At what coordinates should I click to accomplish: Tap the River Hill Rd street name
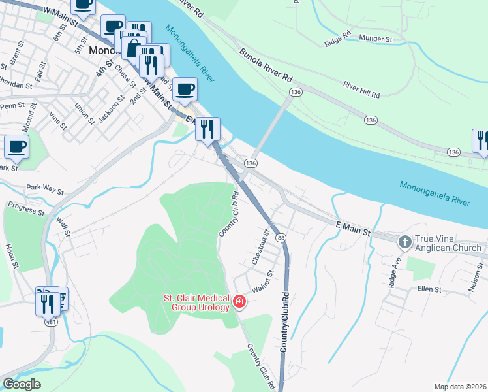361,90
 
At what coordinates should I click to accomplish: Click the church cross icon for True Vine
405,242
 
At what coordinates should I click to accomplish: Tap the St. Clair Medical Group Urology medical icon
239,301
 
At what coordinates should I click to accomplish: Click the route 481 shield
50,321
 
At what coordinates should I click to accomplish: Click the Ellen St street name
430,289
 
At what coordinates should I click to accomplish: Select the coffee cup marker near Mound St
16,148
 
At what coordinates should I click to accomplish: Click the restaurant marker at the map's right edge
481,142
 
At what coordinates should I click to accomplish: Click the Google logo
21,384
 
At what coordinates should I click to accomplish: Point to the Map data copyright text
460,387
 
